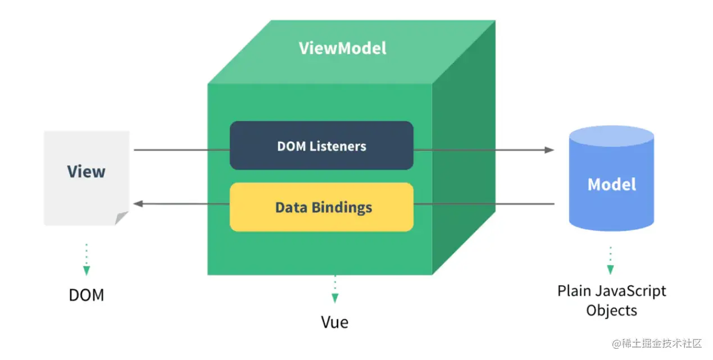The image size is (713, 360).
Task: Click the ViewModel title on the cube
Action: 343,48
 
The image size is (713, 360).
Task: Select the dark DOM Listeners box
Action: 321,145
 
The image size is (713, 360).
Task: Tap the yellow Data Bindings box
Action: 321,207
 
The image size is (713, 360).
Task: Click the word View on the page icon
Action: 87,171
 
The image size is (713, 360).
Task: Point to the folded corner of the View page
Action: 121,218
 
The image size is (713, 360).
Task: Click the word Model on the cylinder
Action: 612,184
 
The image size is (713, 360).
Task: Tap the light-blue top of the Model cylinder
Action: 611,136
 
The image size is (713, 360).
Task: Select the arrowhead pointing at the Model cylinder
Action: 549,150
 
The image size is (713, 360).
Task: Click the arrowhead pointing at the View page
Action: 138,204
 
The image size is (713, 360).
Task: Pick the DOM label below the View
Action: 87,295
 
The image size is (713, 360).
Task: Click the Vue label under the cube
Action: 334,322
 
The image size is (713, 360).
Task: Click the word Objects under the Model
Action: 612,311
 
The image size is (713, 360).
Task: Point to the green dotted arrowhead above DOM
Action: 87,271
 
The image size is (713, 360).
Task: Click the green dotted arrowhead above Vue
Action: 335,298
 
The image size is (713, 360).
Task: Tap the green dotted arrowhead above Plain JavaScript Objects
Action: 611,270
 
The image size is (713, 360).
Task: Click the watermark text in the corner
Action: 657,344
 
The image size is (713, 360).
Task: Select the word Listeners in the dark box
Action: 338,146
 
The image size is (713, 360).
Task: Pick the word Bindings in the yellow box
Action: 342,208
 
